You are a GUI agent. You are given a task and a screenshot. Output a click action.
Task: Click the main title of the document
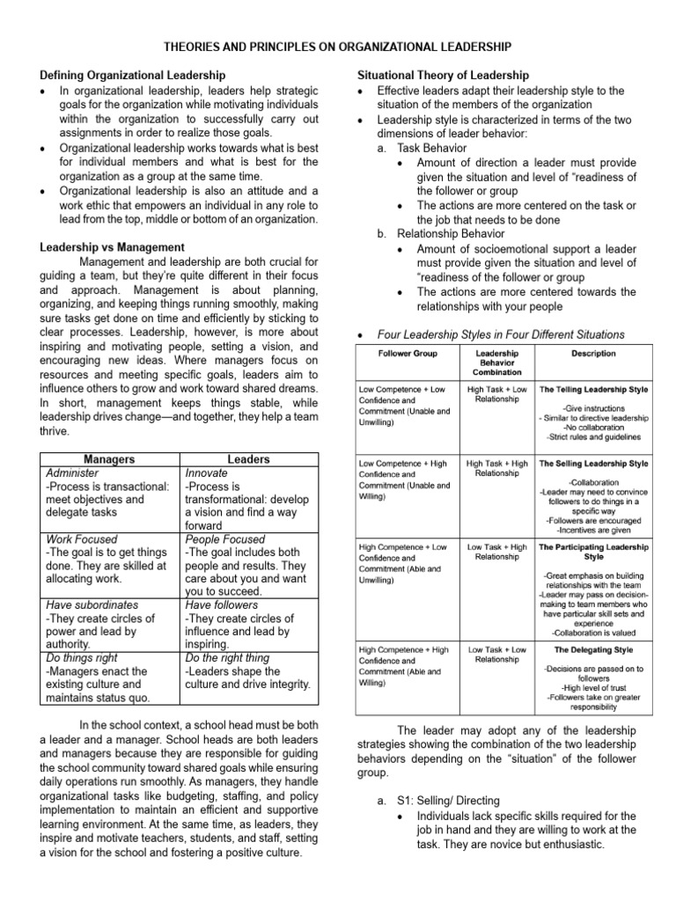pyautogui.click(x=338, y=46)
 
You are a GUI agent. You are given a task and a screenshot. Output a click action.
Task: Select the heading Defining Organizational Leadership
pyautogui.click(x=133, y=77)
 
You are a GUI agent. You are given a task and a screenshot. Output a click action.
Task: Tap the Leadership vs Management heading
pyautogui.click(x=112, y=248)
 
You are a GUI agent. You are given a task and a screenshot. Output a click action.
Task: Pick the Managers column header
pyautogui.click(x=109, y=459)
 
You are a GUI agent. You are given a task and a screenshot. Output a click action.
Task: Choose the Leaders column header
pyautogui.click(x=248, y=459)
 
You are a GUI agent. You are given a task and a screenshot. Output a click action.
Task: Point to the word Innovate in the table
pyautogui.click(x=206, y=473)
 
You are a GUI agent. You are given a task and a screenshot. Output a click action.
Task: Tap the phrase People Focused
pyautogui.click(x=224, y=539)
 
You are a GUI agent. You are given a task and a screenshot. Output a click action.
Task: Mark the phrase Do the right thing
pyautogui.click(x=227, y=658)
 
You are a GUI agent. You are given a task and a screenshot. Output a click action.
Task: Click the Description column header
pyautogui.click(x=592, y=354)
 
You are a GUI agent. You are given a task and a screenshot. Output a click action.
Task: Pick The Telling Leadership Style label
pyautogui.click(x=593, y=388)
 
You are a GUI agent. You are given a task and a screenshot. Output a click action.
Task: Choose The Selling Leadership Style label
pyautogui.click(x=593, y=463)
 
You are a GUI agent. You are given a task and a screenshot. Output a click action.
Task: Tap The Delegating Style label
pyautogui.click(x=593, y=650)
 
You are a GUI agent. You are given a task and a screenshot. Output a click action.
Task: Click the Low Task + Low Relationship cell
pyautogui.click(x=497, y=655)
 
